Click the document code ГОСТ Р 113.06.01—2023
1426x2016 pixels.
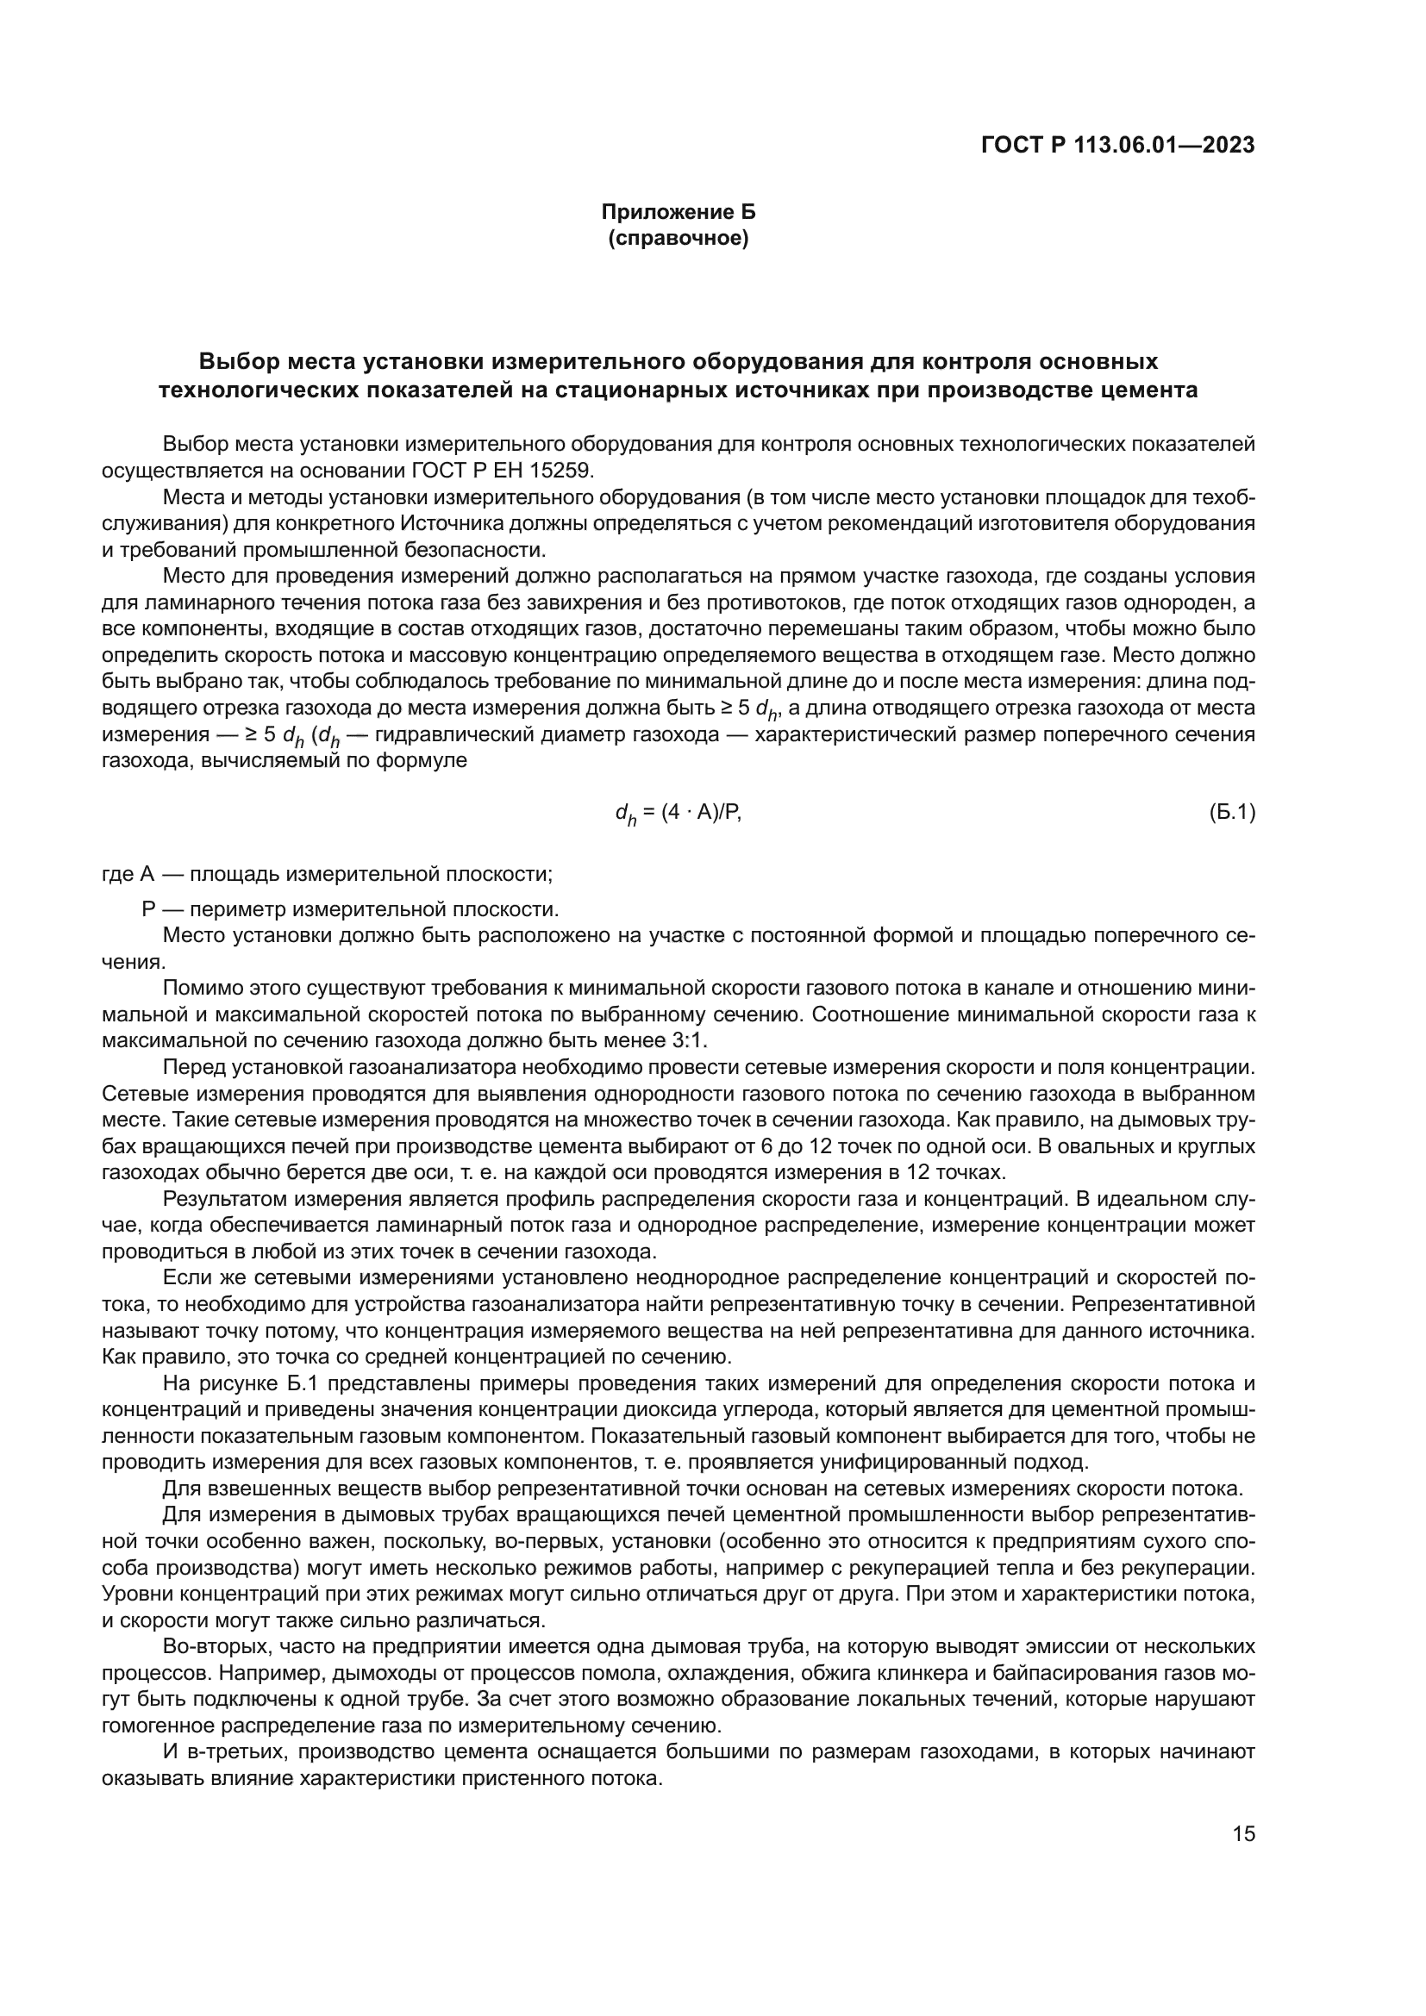tap(1116, 146)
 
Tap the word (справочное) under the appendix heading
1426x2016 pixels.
tap(678, 238)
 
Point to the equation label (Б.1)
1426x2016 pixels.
tap(1232, 813)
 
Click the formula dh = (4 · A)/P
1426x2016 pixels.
tap(678, 814)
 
